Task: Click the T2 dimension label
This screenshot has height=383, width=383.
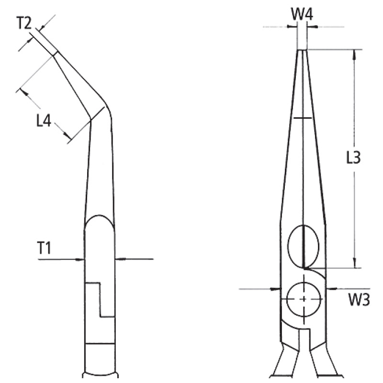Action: coord(25,23)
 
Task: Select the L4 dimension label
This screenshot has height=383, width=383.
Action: coord(44,121)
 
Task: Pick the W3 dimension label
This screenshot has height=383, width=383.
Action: coord(359,300)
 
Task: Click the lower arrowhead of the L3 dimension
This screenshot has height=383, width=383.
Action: coord(354,263)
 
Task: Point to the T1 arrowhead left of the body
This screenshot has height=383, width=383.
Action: coord(80,259)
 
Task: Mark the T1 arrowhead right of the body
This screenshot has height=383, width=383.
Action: coord(120,259)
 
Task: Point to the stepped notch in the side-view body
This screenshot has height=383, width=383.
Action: coord(100,299)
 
